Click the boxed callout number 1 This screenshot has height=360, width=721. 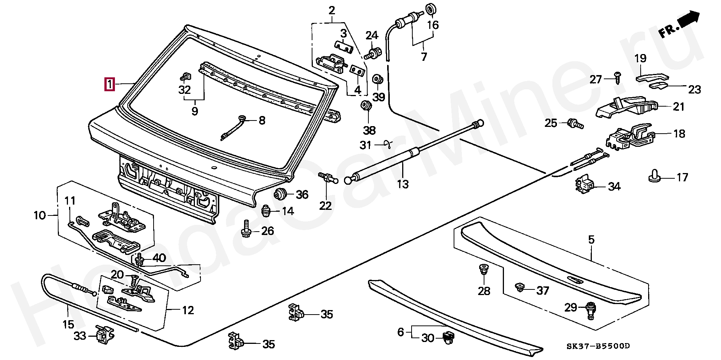[x=109, y=83]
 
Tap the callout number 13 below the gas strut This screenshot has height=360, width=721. [x=403, y=184]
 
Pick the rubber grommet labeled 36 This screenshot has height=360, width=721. [x=280, y=194]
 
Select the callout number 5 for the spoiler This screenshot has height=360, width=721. [x=591, y=239]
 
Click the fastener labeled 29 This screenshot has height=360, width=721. [x=590, y=310]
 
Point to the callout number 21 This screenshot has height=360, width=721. [x=679, y=107]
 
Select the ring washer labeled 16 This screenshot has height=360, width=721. [x=431, y=9]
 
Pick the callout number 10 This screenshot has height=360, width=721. [x=39, y=215]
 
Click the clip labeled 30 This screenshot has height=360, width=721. [x=447, y=337]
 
